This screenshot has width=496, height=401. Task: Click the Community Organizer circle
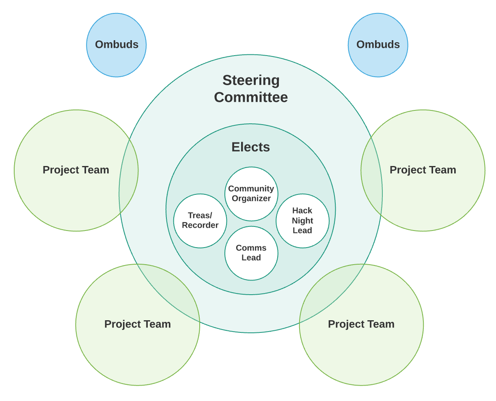click(x=251, y=194)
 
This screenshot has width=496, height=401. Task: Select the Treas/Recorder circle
click(x=200, y=220)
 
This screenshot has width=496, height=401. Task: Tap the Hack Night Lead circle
click(x=302, y=220)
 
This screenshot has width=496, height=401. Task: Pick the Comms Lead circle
click(x=251, y=253)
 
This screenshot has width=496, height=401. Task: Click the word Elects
click(x=250, y=147)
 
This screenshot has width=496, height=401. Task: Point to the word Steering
click(x=251, y=80)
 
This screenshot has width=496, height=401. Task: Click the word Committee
click(x=251, y=97)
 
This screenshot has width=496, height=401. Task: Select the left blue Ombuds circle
click(x=116, y=45)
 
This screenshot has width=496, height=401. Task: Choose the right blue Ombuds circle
click(x=378, y=45)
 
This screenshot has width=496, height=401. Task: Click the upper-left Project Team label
click(x=76, y=170)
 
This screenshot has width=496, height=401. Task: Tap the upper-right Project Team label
click(x=423, y=170)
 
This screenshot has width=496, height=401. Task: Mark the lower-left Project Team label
click(x=138, y=324)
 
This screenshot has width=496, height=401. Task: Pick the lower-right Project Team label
click(x=361, y=324)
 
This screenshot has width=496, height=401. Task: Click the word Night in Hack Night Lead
click(x=302, y=220)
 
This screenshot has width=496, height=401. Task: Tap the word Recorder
click(x=200, y=225)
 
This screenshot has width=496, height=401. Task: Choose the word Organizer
click(x=251, y=198)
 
